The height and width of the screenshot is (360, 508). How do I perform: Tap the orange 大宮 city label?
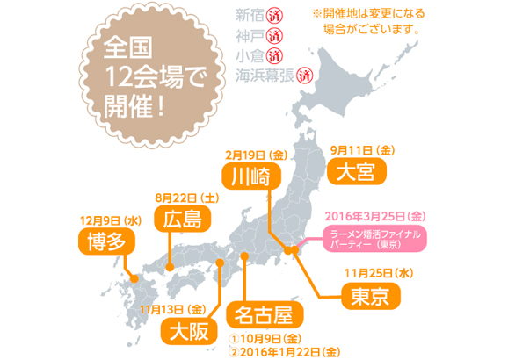tap(355, 171)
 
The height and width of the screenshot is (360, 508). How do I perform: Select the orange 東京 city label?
tap(368, 296)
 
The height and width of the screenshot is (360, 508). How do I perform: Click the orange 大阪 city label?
tap(188, 332)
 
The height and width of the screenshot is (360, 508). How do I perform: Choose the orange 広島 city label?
tap(181, 219)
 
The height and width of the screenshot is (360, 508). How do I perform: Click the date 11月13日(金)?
tap(172, 308)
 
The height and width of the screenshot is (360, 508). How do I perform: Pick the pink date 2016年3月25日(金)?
tap(375, 216)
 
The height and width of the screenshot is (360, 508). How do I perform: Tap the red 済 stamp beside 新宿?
tap(273, 16)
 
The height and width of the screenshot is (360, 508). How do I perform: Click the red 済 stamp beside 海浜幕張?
tap(305, 76)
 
